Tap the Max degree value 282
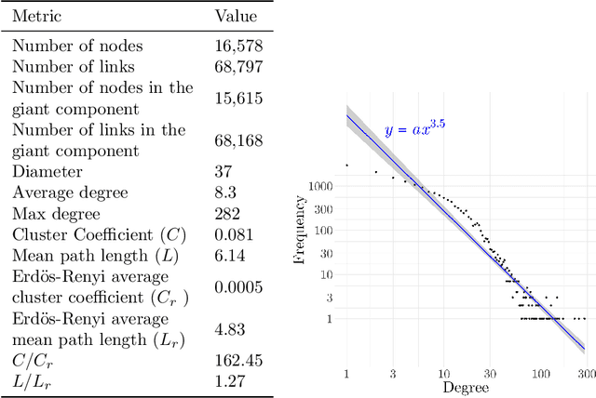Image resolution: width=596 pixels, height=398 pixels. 229,214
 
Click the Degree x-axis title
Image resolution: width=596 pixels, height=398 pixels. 465,386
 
